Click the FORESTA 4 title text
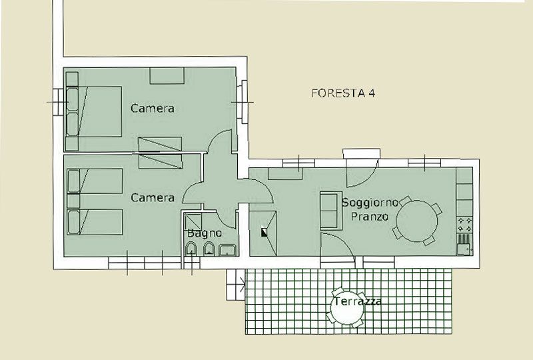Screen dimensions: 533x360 pos(343,93)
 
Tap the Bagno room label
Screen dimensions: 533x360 pos(205,233)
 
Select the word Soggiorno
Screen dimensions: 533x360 pos(370,203)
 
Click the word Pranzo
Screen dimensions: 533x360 pos(370,217)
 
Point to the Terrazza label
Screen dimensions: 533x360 pos(357,301)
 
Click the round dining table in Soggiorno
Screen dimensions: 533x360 pos(417,221)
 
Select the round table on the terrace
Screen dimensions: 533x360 pos(347,307)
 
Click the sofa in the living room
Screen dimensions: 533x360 pos(330,211)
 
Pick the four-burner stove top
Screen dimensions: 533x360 pos(464,225)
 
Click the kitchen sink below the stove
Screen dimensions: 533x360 pos(464,245)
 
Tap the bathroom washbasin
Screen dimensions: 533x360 pos(228,250)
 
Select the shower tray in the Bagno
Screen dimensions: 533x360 pos(193,222)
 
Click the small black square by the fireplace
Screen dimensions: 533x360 pos(264,233)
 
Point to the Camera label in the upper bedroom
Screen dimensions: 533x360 pos(153,109)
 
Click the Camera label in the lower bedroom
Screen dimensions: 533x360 pos(153,198)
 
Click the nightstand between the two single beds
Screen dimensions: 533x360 pos(73,201)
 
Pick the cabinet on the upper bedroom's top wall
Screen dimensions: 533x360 pos(167,75)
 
